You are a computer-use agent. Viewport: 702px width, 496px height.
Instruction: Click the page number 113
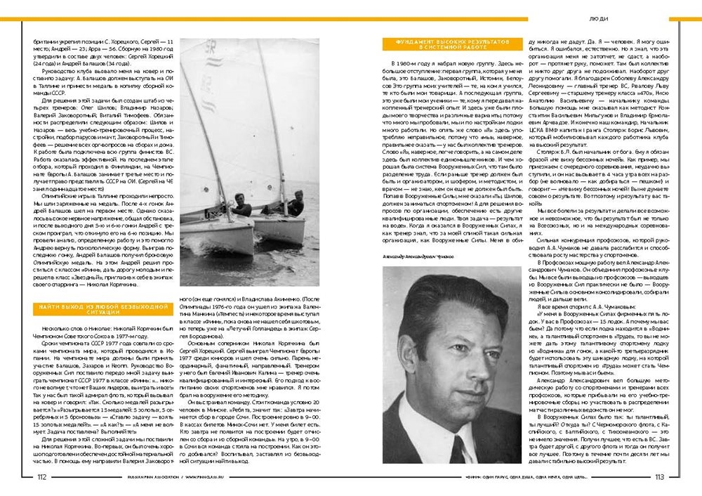pos(660,476)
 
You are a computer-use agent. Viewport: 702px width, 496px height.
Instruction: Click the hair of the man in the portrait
pos(449,299)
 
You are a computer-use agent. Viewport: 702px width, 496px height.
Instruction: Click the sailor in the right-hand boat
pos(296,204)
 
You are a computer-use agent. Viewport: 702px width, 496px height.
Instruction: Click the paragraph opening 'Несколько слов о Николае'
pos(105,327)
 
